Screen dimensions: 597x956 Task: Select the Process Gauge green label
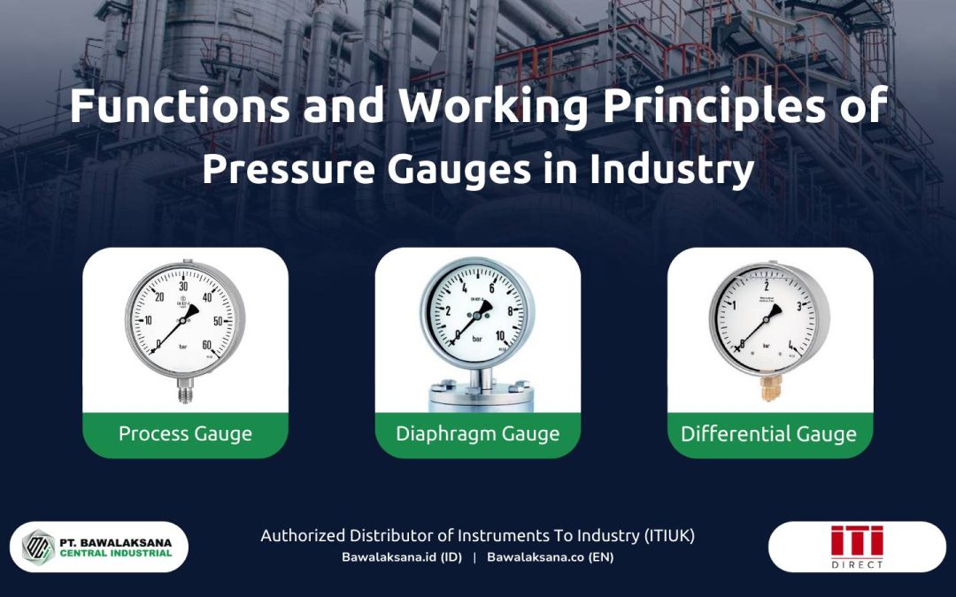click(185, 433)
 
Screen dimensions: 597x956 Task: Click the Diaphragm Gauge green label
click(477, 433)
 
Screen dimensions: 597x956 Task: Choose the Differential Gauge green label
click(768, 434)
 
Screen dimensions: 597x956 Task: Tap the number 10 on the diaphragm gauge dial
click(500, 335)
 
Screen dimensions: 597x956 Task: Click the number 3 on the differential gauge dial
click(799, 306)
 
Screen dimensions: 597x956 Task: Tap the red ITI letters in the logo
click(856, 541)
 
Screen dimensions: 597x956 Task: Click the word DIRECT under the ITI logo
click(856, 564)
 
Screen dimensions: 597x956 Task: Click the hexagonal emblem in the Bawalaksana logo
click(39, 547)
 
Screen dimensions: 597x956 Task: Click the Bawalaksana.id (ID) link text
click(402, 557)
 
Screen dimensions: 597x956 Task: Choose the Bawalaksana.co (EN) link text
click(550, 557)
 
